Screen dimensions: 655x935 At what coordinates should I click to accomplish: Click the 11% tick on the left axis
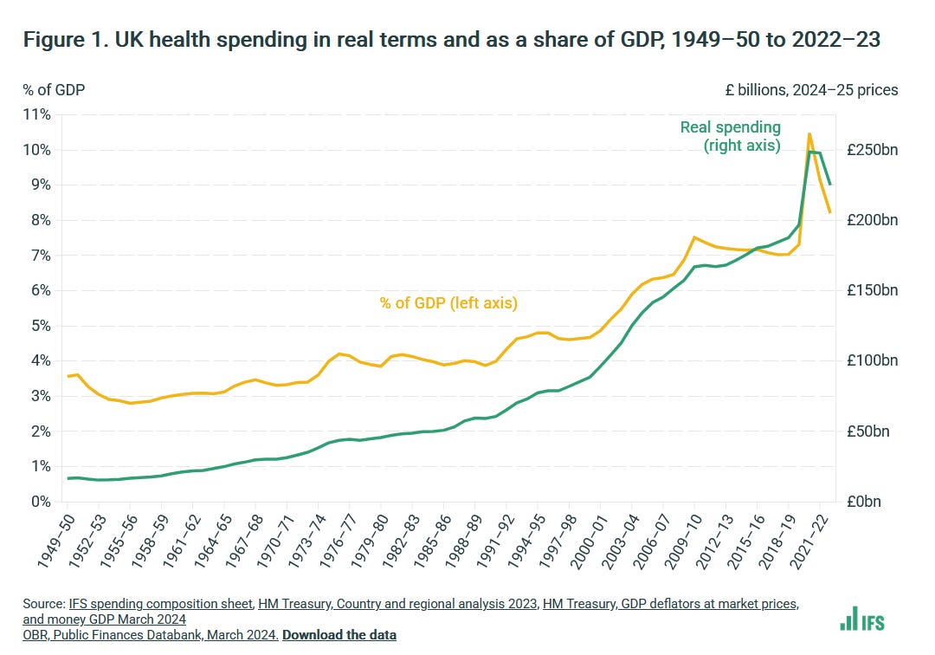[x=40, y=114]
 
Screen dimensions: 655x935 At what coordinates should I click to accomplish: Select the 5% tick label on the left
[x=42, y=326]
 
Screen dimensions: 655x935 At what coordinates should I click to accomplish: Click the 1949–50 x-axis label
[x=54, y=538]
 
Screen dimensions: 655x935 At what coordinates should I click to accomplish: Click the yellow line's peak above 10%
[x=809, y=133]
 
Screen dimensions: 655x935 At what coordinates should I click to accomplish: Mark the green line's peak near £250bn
[x=809, y=152]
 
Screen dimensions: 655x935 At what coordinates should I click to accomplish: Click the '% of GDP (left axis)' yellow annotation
[x=448, y=302]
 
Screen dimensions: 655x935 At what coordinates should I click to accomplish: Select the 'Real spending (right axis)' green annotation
[x=730, y=137]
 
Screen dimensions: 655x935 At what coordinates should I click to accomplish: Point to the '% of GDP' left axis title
[x=54, y=89]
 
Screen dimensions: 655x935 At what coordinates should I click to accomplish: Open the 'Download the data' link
[x=339, y=635]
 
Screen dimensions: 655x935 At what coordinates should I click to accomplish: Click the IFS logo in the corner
[x=862, y=619]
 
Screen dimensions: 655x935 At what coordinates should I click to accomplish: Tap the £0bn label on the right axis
[x=867, y=502]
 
